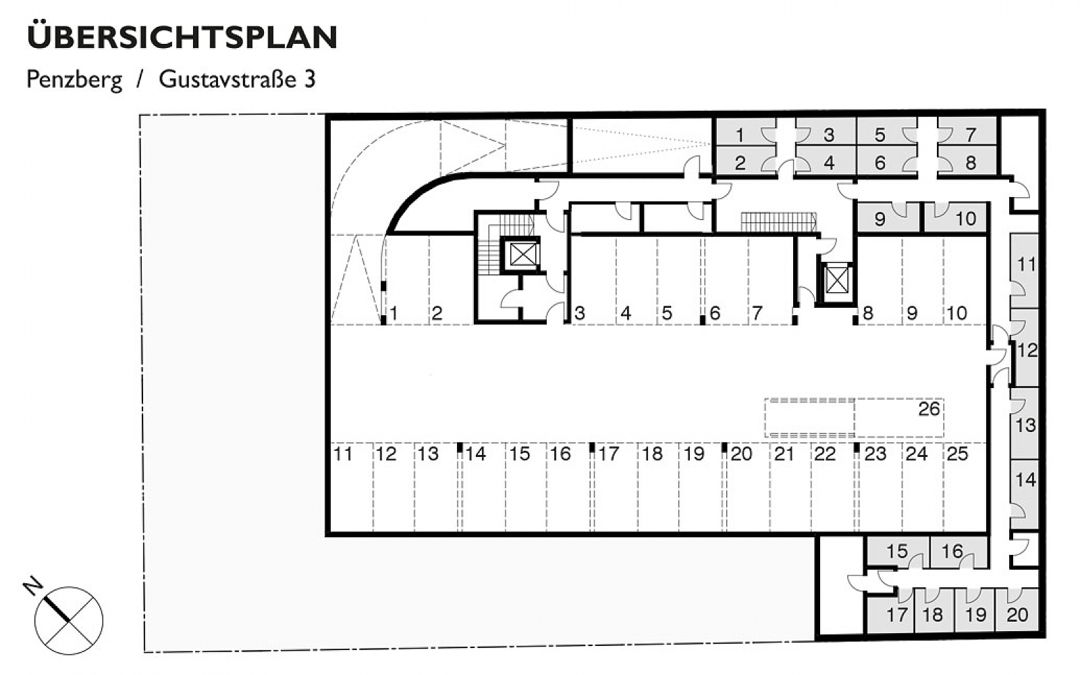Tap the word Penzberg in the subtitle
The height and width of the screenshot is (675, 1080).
pos(74,80)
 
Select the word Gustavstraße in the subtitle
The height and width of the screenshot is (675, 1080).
pos(227,78)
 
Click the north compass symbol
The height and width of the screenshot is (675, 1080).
pos(68,620)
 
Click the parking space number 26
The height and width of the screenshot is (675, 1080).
pos(929,409)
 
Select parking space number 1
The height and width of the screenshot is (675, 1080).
pos(394,313)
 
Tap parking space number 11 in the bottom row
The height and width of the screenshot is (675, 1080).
pos(343,454)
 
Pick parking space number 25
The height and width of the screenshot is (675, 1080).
pos(957,454)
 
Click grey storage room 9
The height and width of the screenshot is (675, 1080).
pos(888,218)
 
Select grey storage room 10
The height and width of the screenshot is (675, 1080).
pos(955,218)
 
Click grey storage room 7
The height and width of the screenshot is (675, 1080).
pos(968,132)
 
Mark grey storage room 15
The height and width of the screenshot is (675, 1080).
pos(898,553)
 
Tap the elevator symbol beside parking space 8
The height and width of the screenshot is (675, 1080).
pos(836,281)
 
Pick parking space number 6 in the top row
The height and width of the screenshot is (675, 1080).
pos(715,313)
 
